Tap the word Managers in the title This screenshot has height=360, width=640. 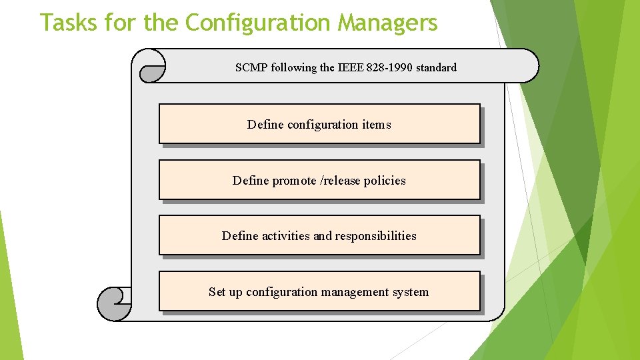387,23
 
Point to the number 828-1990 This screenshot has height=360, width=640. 389,67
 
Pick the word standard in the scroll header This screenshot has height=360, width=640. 436,67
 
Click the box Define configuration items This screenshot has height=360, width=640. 319,124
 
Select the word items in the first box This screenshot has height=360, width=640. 377,125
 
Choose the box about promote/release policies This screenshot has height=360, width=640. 319,180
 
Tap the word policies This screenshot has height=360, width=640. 385,181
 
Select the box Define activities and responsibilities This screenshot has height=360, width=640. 319,235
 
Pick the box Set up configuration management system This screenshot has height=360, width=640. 319,291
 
